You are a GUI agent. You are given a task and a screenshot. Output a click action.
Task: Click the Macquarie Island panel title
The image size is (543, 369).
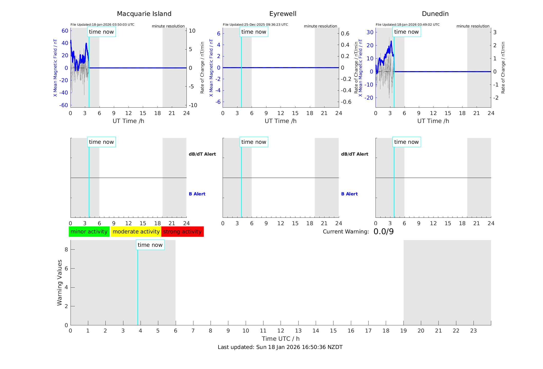(144, 14)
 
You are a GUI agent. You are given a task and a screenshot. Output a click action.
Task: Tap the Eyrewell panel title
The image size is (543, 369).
(283, 14)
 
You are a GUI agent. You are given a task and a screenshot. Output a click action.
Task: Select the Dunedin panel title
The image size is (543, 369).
(435, 14)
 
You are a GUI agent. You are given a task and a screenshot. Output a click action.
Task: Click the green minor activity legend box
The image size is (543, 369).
(89, 232)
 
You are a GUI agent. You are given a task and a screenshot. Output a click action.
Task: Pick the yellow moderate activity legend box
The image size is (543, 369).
(136, 232)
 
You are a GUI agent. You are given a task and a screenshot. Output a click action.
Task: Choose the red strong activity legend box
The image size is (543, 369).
(182, 232)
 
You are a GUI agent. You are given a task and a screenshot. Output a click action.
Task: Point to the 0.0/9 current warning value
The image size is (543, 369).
(383, 232)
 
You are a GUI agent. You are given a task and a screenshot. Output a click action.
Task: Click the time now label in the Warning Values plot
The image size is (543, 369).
(150, 245)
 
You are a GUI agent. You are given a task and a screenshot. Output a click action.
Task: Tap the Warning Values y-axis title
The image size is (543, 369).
(60, 282)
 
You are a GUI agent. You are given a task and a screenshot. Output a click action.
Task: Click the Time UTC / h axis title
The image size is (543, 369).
(281, 339)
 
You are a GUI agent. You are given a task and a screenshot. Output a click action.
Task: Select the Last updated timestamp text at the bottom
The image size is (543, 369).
(280, 347)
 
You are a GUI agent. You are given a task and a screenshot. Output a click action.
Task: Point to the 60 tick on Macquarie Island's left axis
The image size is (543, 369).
(65, 31)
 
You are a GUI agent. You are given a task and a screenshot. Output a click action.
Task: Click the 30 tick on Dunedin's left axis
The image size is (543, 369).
(370, 32)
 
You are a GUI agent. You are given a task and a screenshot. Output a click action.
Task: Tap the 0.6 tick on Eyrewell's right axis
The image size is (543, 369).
(345, 34)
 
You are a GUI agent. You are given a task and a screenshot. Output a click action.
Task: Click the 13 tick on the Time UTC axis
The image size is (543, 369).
(298, 331)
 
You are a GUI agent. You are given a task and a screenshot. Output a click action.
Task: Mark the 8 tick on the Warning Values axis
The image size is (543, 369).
(66, 249)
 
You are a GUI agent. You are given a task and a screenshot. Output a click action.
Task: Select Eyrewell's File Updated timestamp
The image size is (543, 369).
(255, 25)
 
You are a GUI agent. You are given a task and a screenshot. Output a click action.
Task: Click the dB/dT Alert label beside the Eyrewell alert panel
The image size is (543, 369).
(354, 154)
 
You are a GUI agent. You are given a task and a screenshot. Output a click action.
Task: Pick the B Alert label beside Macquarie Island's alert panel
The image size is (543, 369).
(197, 194)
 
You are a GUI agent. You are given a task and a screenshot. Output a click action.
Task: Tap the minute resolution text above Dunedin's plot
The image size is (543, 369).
(473, 26)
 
